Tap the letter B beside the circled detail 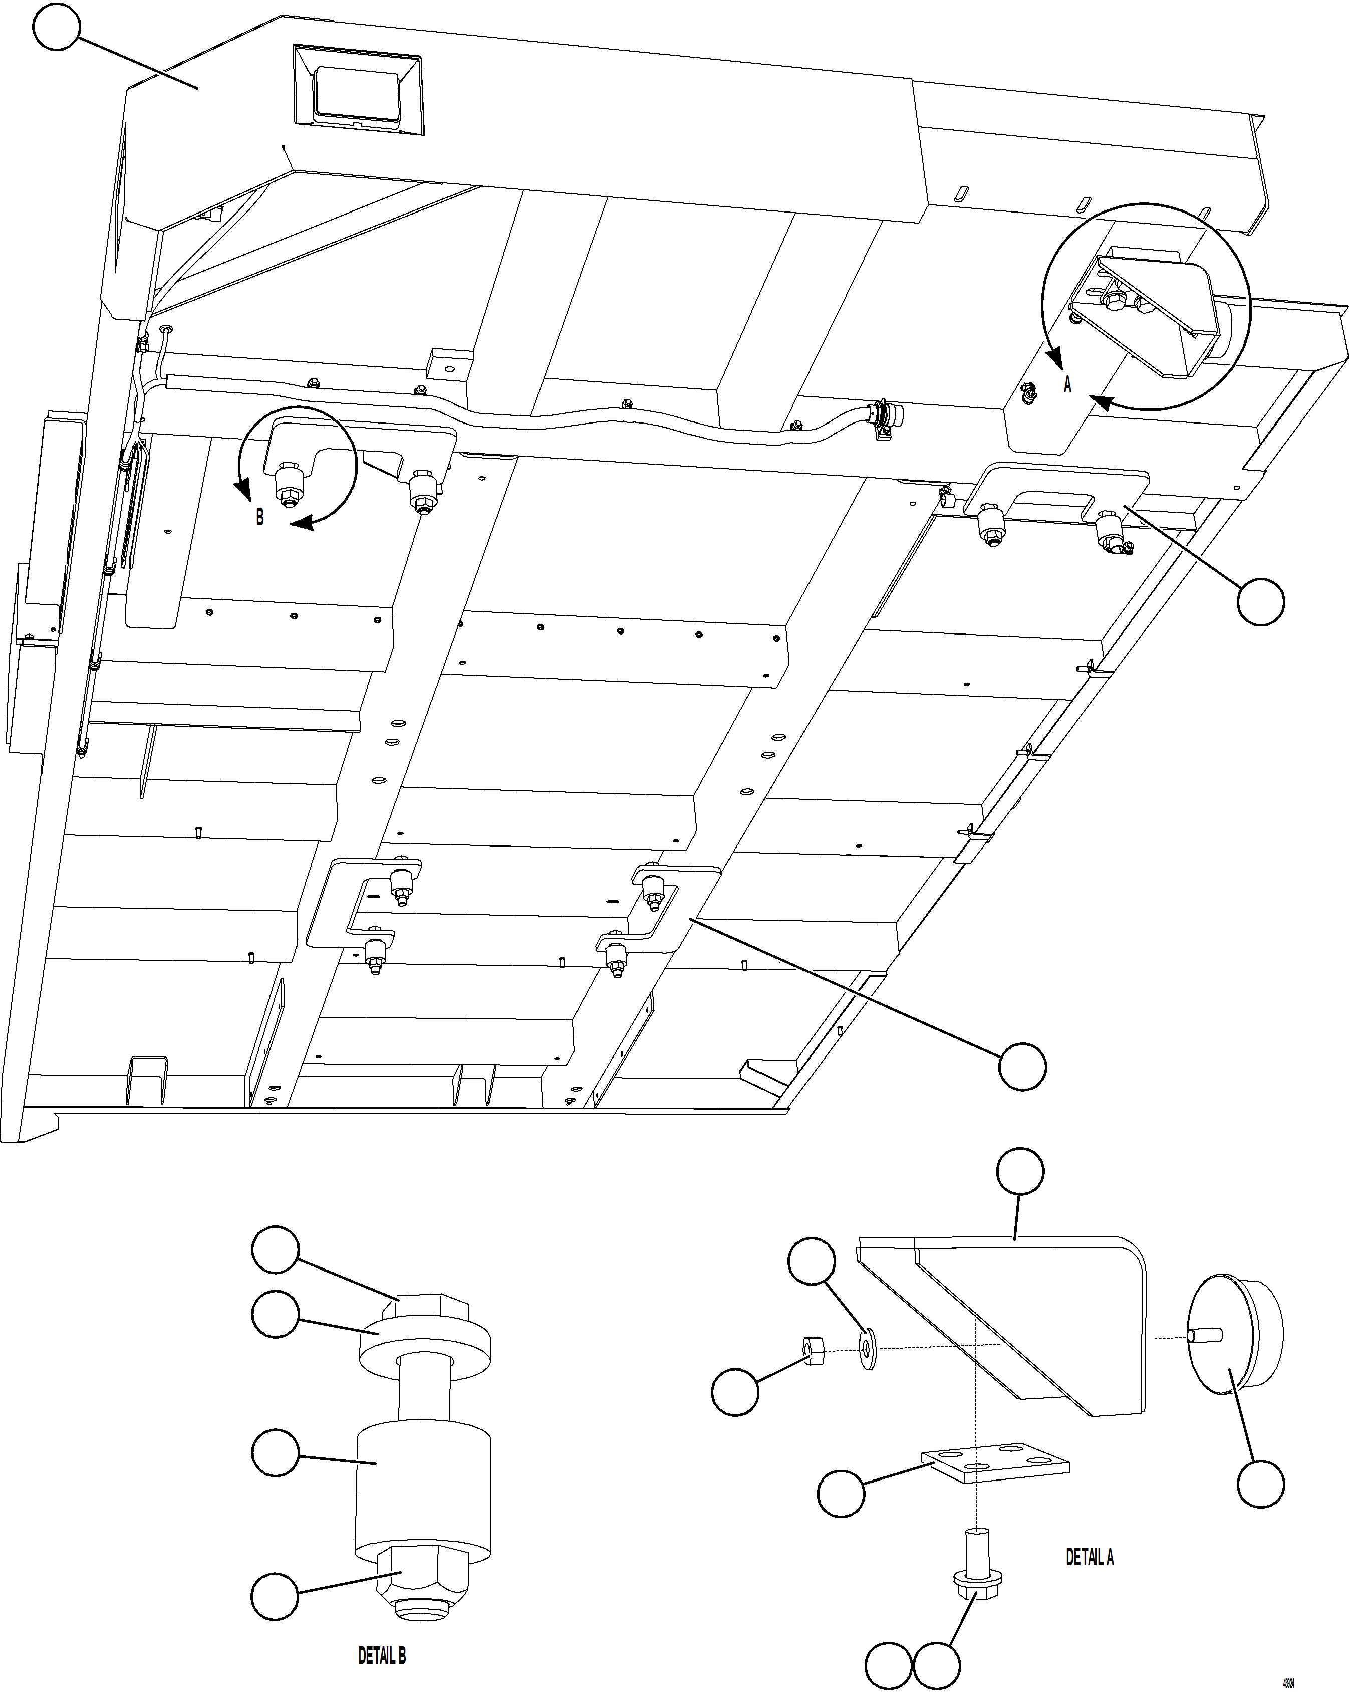[x=259, y=517]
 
